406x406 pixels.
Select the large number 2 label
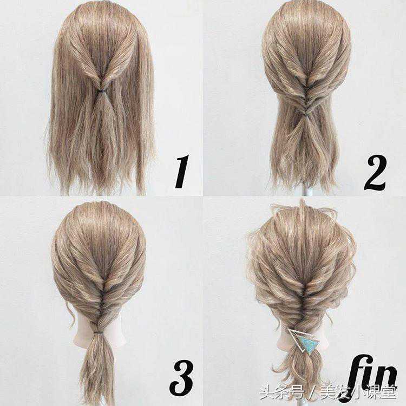coord(375,174)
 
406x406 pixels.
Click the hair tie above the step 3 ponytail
coord(99,332)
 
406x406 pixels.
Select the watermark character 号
coord(297,392)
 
